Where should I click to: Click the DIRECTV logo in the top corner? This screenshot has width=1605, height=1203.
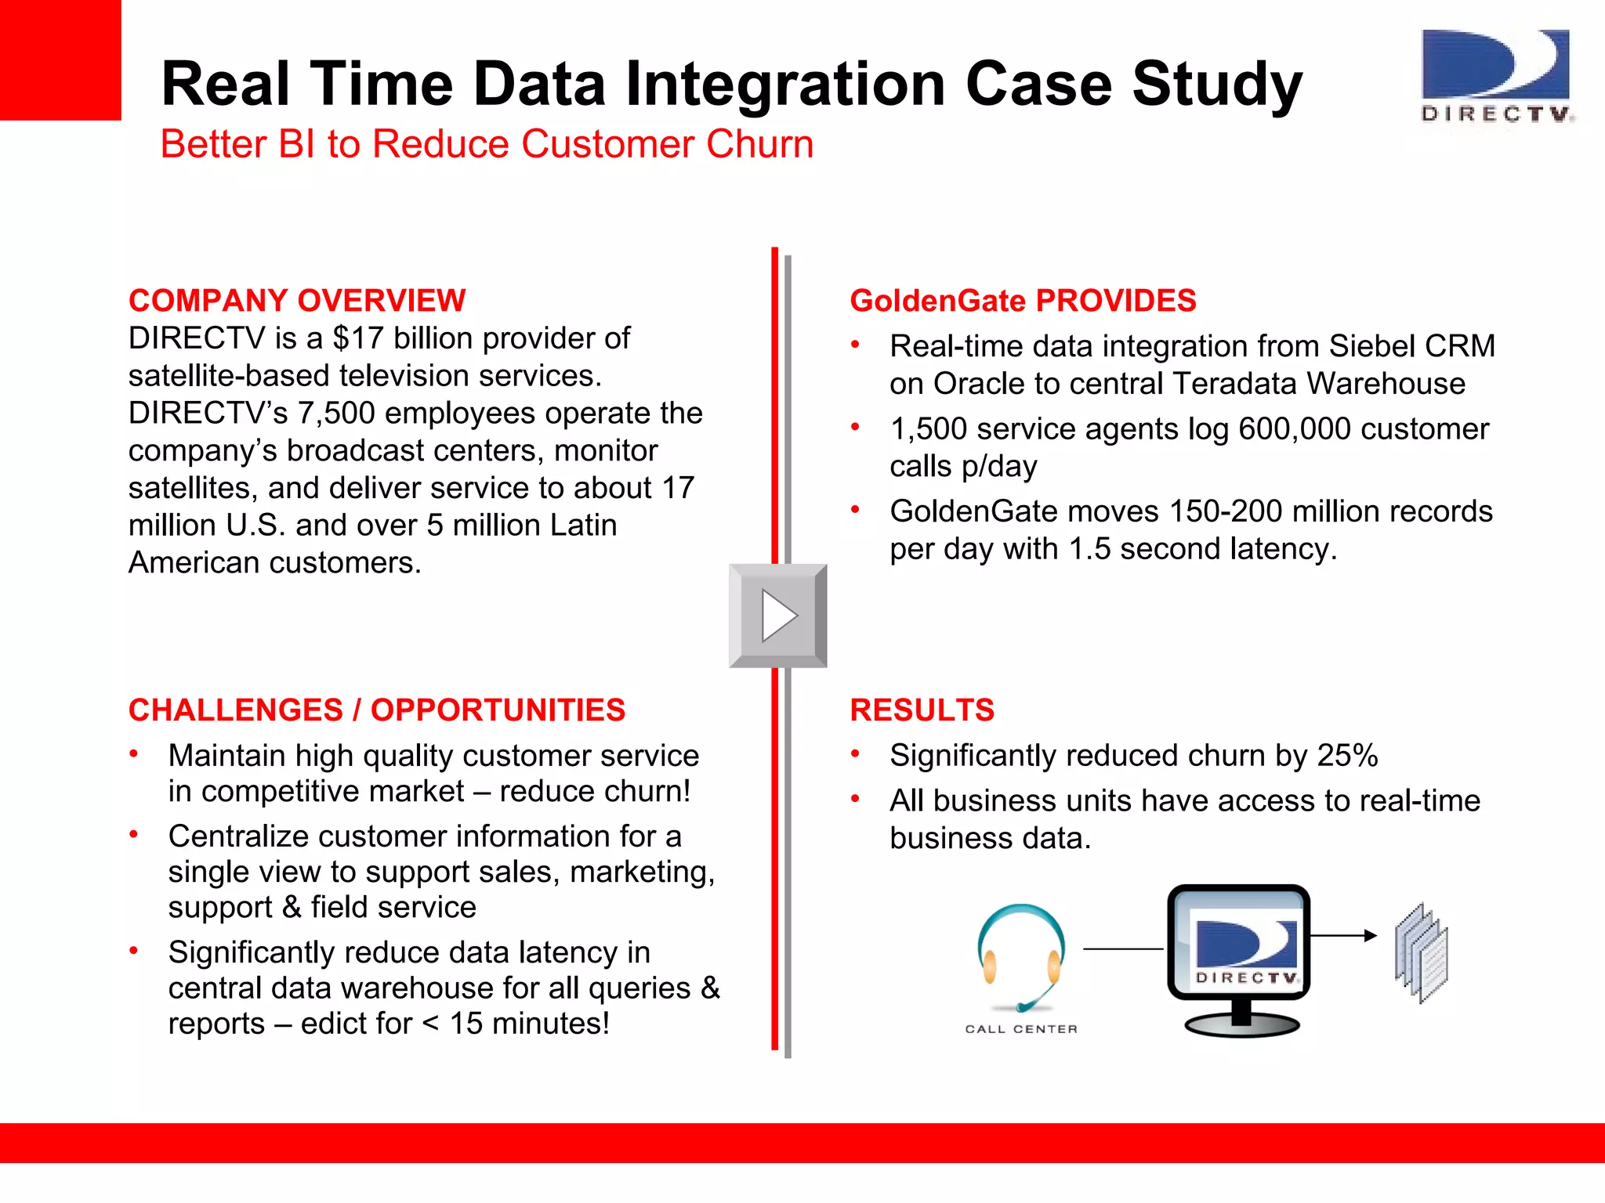point(1497,77)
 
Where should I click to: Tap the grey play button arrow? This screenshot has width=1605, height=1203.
point(778,616)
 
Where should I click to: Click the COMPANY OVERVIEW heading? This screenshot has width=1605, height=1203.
point(297,301)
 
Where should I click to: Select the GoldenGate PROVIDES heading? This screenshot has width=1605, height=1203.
point(1023,301)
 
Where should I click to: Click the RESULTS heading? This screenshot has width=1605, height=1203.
point(922,710)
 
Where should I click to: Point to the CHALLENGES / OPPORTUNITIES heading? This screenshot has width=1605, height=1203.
point(377,710)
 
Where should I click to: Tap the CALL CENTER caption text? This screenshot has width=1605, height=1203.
point(1021,1029)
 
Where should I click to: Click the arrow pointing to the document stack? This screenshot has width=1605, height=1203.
point(1343,935)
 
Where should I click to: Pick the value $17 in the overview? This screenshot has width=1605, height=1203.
point(358,338)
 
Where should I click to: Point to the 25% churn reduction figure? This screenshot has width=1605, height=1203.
point(1347,756)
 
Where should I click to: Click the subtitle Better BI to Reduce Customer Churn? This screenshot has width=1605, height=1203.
point(487,144)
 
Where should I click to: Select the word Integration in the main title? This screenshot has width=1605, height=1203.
point(784,85)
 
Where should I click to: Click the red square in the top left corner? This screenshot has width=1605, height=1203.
point(60,60)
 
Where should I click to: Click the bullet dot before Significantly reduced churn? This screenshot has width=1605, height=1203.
point(856,754)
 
